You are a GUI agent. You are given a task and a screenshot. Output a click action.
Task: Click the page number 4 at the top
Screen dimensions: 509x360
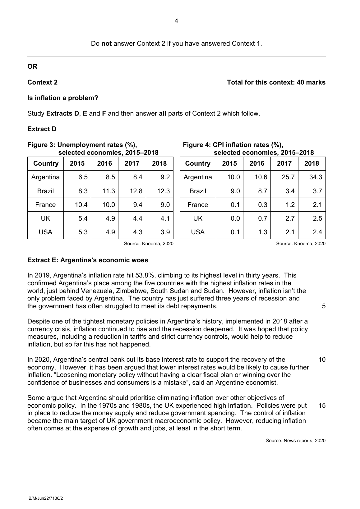[x=176, y=21]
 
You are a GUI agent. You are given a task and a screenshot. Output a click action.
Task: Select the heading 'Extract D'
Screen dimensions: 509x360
[x=42, y=129]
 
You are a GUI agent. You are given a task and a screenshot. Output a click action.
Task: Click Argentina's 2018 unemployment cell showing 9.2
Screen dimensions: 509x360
[x=165, y=177]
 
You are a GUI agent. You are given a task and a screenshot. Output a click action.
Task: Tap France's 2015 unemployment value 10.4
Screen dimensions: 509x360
[x=81, y=205]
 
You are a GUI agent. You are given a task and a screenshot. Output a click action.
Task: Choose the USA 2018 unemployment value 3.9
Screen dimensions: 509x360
[x=165, y=232]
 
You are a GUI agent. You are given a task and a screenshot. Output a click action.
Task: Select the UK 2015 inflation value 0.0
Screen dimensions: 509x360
[x=235, y=218]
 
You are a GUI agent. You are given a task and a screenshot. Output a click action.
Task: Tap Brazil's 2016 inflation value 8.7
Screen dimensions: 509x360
[x=263, y=191]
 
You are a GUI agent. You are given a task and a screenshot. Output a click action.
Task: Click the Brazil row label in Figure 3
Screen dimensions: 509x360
[x=45, y=191]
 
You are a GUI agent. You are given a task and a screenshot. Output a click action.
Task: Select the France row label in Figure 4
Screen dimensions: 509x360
[x=198, y=205]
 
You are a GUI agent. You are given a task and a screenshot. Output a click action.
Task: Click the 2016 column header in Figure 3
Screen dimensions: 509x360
[x=104, y=163]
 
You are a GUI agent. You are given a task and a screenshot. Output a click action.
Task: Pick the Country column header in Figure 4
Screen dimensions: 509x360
[x=198, y=163]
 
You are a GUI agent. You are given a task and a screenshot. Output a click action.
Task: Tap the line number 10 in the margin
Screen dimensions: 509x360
[x=322, y=360]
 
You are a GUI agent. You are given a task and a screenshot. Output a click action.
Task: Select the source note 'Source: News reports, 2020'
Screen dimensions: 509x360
[x=295, y=441]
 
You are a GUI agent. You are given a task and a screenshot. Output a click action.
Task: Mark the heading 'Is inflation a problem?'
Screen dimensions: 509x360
[x=63, y=98]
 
